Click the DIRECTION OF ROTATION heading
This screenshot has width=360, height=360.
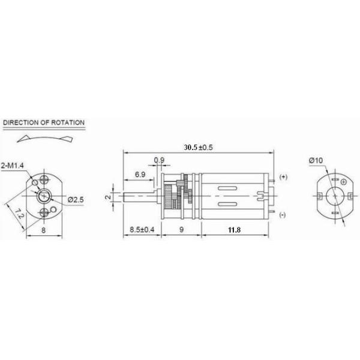(43, 122)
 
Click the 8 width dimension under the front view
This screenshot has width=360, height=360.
(44, 229)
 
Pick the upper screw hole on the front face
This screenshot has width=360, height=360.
(44, 179)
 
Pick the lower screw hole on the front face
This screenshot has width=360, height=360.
(44, 213)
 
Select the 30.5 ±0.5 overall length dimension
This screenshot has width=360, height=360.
(199, 147)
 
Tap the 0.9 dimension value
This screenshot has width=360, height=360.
(159, 160)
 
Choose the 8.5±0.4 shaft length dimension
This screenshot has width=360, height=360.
(142, 229)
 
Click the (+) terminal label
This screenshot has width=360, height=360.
(283, 177)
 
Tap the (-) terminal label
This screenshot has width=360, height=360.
(283, 215)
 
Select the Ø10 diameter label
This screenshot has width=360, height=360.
(316, 160)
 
